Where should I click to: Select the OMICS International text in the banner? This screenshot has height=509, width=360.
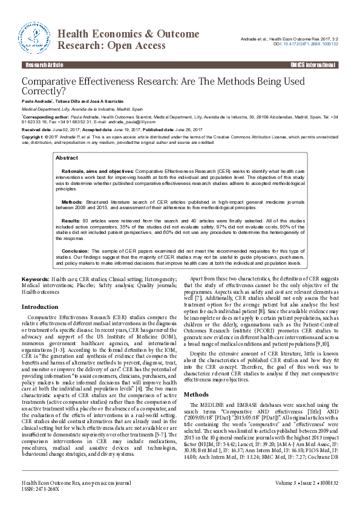coord(313,64)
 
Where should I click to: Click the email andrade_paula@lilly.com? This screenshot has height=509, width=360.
coord(141,121)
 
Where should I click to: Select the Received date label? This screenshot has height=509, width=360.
coord(37,129)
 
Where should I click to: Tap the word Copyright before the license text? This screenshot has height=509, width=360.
coord(32,137)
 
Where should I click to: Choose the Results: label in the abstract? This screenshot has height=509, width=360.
coord(71,221)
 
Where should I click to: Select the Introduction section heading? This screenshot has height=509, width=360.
coord(40,307)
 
